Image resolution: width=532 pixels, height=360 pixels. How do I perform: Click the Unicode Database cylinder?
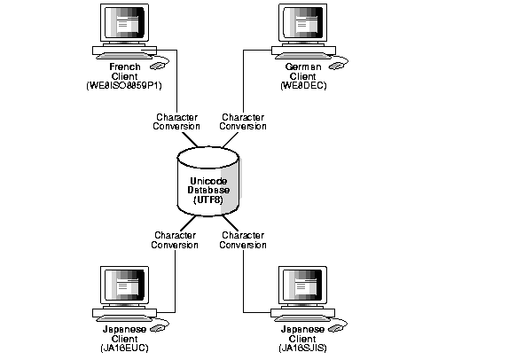coord(207,182)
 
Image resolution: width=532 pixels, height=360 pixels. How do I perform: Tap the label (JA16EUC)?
coord(125,348)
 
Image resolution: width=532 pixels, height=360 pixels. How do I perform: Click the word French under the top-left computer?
coord(125,67)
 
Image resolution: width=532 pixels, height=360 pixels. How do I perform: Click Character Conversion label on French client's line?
coord(176,121)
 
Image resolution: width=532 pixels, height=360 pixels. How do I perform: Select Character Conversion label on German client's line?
coord(243,121)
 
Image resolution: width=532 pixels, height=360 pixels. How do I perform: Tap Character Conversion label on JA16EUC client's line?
coord(176,240)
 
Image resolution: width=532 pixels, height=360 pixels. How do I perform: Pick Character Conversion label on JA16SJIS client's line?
coord(243,240)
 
